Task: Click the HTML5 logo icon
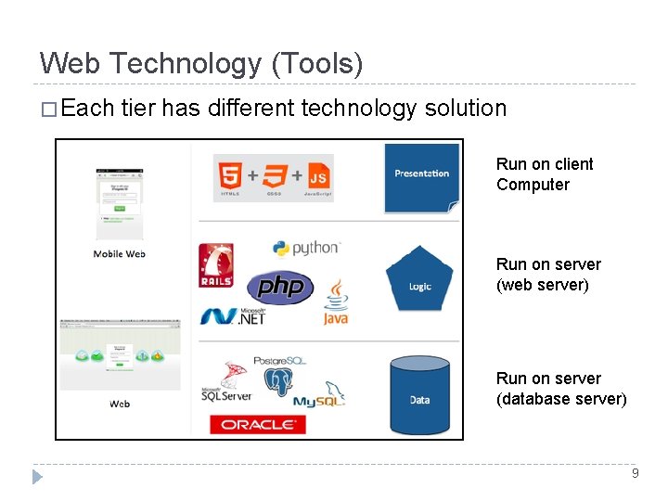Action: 229,176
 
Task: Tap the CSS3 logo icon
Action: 274,176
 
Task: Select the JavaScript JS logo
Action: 318,176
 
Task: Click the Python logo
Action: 306,248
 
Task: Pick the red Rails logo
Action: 216,265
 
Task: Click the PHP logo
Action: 279,287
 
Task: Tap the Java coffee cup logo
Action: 335,302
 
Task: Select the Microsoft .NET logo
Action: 233,315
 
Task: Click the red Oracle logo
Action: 258,425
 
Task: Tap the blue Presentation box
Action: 422,176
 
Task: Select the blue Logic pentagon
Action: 420,278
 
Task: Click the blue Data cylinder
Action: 420,394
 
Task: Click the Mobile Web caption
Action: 120,254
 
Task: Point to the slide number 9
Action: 635,473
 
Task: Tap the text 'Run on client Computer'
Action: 545,174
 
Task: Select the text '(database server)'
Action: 561,399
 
